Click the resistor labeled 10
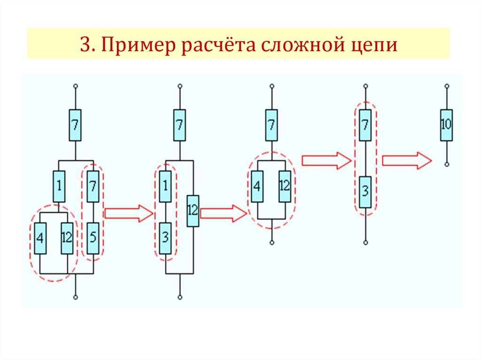[446, 125]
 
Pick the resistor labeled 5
[93, 238]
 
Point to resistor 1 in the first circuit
[59, 186]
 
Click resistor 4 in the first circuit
[40, 238]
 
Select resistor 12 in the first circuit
[67, 238]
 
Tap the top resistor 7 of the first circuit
[75, 125]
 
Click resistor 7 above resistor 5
[93, 186]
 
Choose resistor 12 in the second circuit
[193, 210]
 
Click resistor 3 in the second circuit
[165, 238]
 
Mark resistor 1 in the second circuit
[165, 186]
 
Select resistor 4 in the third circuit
[256, 186]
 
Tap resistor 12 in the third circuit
[285, 186]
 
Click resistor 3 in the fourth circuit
[365, 192]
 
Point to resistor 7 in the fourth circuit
[365, 125]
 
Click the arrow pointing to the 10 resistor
[407, 161]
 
